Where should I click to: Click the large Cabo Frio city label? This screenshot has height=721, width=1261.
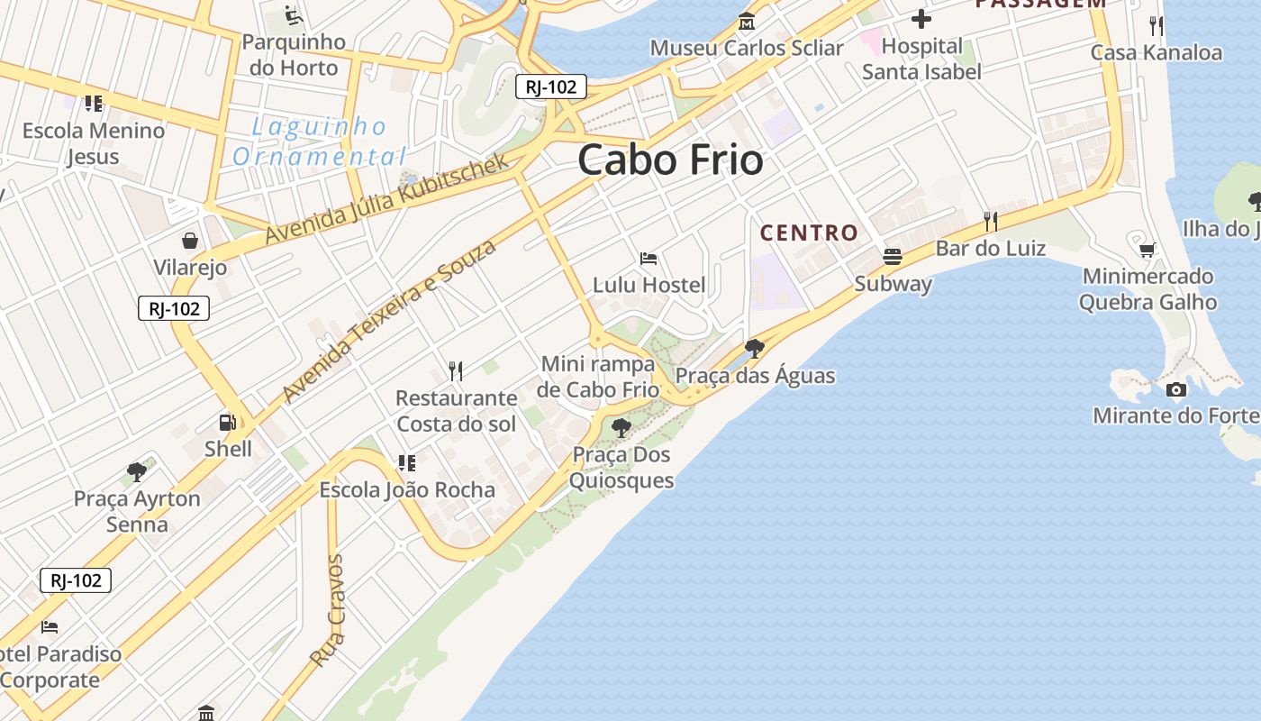(670, 160)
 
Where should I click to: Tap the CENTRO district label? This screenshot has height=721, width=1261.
(809, 233)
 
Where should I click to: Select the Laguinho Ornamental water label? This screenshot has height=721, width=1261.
(319, 141)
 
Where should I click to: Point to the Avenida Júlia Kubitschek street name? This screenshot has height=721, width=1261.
(387, 199)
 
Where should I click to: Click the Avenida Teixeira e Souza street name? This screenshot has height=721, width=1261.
(389, 321)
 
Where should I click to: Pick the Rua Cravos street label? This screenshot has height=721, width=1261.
(327, 610)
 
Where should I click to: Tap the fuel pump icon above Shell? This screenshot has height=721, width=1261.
(227, 422)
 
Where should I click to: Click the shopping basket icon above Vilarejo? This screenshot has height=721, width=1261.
(190, 241)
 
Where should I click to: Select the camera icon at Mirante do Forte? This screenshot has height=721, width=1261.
(1175, 389)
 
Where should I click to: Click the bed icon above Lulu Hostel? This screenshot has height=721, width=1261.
(649, 259)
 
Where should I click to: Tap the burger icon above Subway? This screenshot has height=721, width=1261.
(893, 257)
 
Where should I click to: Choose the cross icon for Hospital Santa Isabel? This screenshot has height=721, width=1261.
(921, 18)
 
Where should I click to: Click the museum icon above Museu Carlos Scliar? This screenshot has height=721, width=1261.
(746, 22)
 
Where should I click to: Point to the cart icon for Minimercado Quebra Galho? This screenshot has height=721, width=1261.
(1148, 250)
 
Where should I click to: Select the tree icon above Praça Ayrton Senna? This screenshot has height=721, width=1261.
(137, 471)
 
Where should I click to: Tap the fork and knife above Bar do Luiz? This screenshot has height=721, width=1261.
(991, 221)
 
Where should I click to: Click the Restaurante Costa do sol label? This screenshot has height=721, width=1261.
(457, 410)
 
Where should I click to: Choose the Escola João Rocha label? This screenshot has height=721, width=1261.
(407, 489)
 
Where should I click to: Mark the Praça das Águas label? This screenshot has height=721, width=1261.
(755, 375)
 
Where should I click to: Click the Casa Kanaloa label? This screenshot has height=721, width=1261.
(1156, 52)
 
